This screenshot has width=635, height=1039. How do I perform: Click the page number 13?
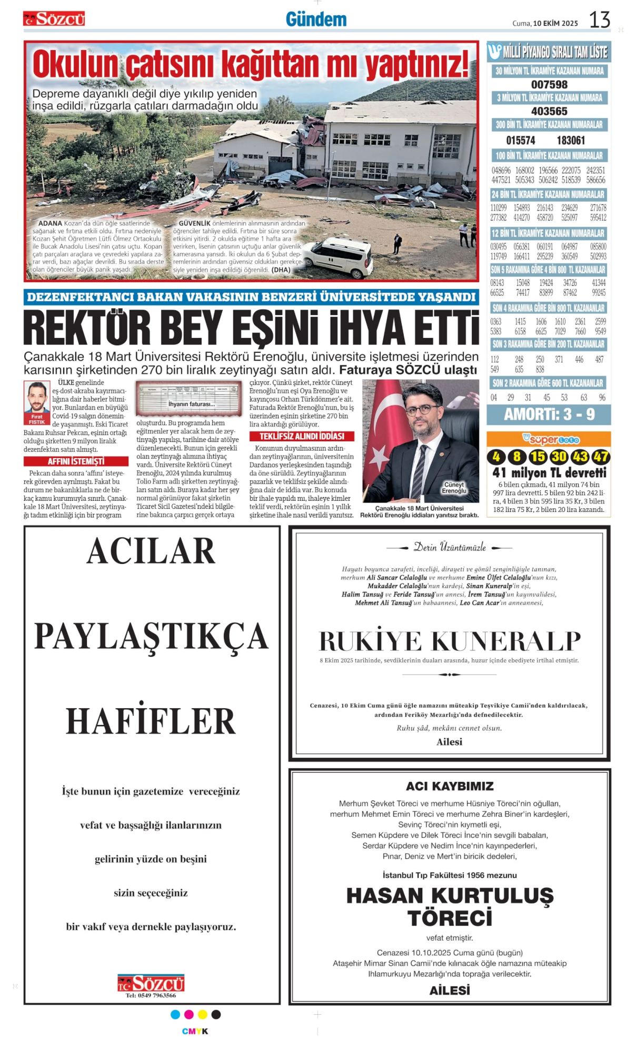pyautogui.click(x=599, y=20)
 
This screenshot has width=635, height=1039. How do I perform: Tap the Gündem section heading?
pyautogui.click(x=316, y=19)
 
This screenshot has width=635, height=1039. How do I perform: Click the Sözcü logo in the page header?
pyautogui.click(x=54, y=19)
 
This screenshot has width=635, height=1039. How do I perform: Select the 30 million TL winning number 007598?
pyautogui.click(x=549, y=84)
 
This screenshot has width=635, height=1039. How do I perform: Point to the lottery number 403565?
pyautogui.click(x=549, y=111)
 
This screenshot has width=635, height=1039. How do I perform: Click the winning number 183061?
pyautogui.click(x=571, y=140)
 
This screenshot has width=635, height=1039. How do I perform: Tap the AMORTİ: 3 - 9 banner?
pyautogui.click(x=549, y=414)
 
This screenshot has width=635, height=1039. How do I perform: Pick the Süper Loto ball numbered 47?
pyautogui.click(x=601, y=457)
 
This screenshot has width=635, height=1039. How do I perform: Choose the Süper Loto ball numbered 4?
pyautogui.click(x=496, y=457)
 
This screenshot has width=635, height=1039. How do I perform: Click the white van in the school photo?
pyautogui.click(x=340, y=257)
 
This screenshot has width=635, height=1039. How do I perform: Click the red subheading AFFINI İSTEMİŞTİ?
pyautogui.click(x=76, y=461)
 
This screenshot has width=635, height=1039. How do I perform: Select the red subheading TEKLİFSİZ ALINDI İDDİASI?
pyautogui.click(x=302, y=436)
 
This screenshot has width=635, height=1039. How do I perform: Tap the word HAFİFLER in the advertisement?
pyautogui.click(x=151, y=721)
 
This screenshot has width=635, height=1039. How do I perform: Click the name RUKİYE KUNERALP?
pyautogui.click(x=450, y=641)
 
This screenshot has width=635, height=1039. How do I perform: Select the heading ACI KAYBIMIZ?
pyautogui.click(x=450, y=786)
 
